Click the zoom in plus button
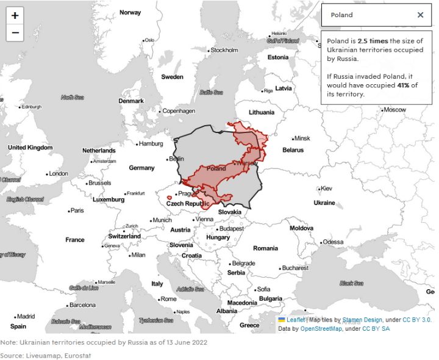click(15, 16)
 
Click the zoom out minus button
click(15, 33)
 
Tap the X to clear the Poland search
click(420, 15)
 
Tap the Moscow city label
click(394, 110)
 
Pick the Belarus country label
click(293, 150)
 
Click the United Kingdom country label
click(30, 148)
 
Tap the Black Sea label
click(351, 283)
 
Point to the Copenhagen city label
click(179, 111)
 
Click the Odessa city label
click(333, 242)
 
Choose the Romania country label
click(265, 248)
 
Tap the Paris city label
click(77, 211)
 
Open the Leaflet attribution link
click(295, 320)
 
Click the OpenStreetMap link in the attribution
click(319, 328)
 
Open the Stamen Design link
click(365, 320)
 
